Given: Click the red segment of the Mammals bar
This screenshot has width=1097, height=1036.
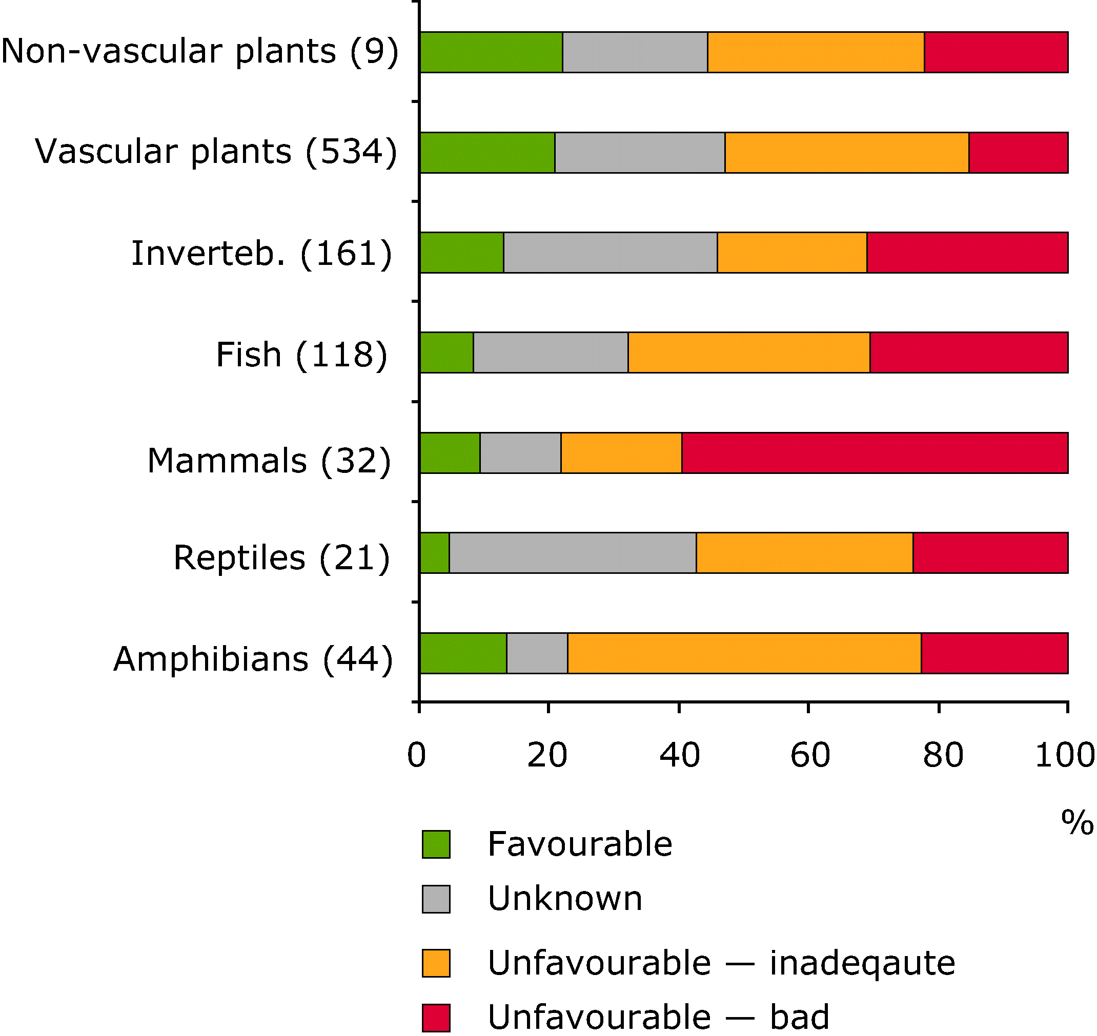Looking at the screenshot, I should [x=875, y=453].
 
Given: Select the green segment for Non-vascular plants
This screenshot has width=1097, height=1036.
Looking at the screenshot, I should [x=491, y=52].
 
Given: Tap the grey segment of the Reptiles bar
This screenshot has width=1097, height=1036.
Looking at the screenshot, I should [x=572, y=553].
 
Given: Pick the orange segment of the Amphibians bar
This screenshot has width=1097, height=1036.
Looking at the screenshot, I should [x=744, y=653].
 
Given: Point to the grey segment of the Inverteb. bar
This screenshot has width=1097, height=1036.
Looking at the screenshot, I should [x=611, y=253].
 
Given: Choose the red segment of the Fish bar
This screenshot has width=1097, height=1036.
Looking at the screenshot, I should [x=968, y=353].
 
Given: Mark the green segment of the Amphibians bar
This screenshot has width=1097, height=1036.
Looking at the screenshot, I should [x=463, y=653].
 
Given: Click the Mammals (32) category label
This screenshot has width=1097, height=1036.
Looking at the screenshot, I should [x=269, y=461].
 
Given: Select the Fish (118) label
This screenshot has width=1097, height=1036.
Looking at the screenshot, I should [x=301, y=355].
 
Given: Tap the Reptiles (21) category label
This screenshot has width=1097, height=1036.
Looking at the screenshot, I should [x=282, y=557].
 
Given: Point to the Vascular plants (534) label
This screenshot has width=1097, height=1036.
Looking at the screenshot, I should [x=216, y=151].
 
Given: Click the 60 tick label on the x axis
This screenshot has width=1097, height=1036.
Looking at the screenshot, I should [x=810, y=755].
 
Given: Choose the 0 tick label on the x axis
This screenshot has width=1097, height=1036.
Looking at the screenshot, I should [x=416, y=755].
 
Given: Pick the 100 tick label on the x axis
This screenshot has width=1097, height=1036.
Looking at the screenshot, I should [x=1064, y=755].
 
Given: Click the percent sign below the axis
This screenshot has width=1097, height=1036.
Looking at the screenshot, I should [x=1076, y=822].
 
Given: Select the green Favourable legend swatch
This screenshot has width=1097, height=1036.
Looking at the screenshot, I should [x=436, y=844].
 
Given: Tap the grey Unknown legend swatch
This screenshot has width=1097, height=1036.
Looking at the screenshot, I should [x=436, y=899].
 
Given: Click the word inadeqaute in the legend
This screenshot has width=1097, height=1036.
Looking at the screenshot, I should [x=862, y=963].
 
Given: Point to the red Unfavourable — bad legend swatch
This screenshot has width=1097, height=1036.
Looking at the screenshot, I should [x=436, y=1017].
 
